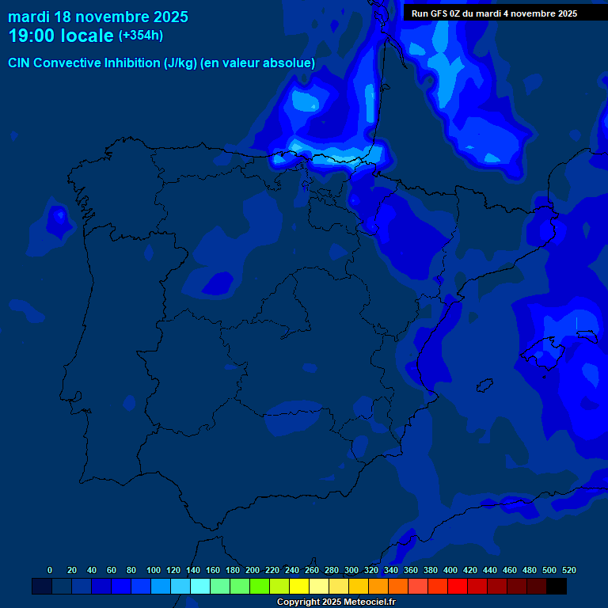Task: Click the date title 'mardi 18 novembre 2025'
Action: pyautogui.click(x=98, y=17)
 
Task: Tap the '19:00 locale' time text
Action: pyautogui.click(x=61, y=36)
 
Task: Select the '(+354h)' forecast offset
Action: pyautogui.click(x=140, y=36)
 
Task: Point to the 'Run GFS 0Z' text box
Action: pyautogui.click(x=494, y=13)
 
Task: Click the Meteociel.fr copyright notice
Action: pyautogui.click(x=336, y=602)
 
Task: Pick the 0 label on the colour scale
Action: pyautogui.click(x=50, y=570)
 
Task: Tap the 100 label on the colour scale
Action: pyautogui.click(x=154, y=570)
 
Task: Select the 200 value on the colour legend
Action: pyautogui.click(x=253, y=570)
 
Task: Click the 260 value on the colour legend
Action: pyautogui.click(x=312, y=570)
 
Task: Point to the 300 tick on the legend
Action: pyautogui.click(x=351, y=570)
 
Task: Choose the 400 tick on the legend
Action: pyautogui.click(x=450, y=570)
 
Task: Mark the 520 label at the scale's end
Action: pyautogui.click(x=569, y=570)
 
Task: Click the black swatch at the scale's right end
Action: pyautogui.click(x=557, y=586)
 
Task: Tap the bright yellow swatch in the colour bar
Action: pyautogui.click(x=299, y=586)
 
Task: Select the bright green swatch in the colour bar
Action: pyautogui.click(x=260, y=586)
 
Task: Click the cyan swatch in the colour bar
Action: pyautogui.click(x=200, y=586)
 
